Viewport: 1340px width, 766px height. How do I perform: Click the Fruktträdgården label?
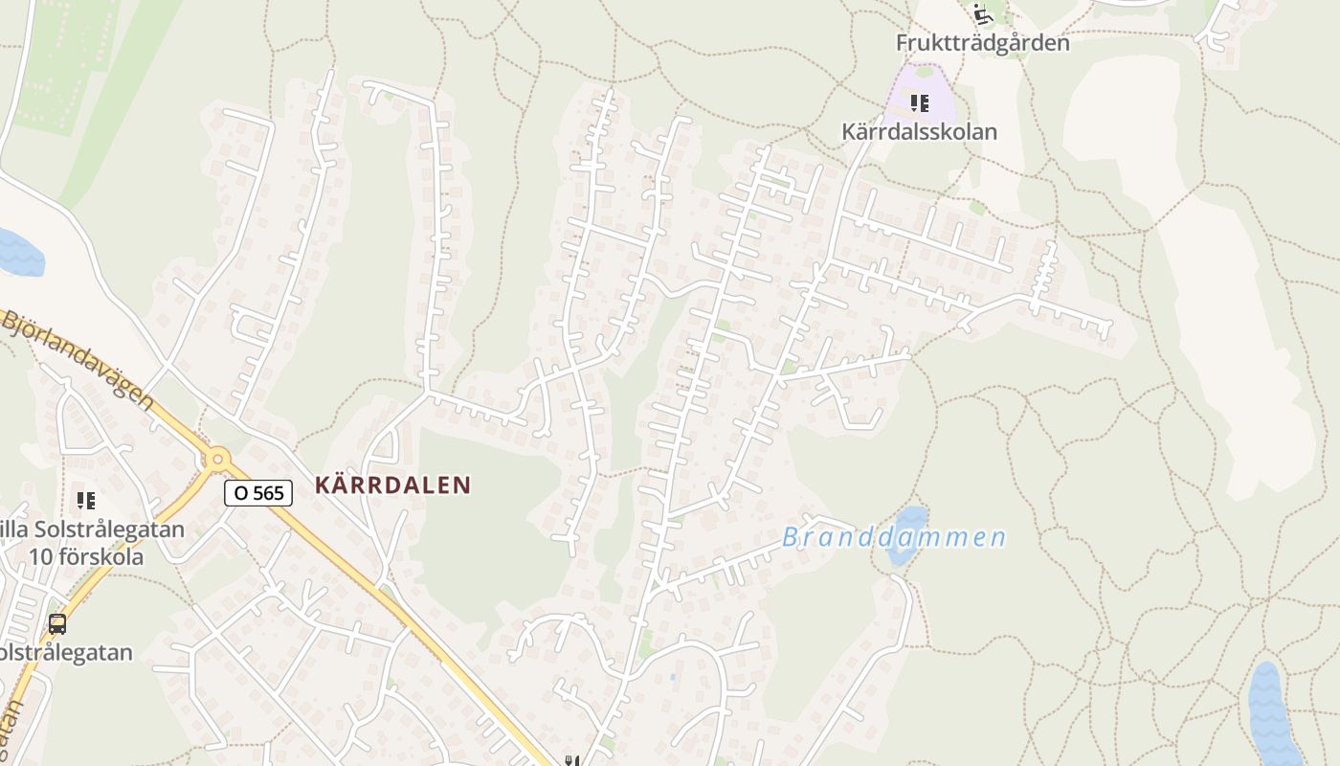pyautogui.click(x=982, y=43)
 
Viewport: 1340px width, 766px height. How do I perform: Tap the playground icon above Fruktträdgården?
pyautogui.click(x=980, y=13)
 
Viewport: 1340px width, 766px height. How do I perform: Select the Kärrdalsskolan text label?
pyautogui.click(x=919, y=131)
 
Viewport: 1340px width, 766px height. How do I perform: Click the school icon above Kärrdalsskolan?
pyautogui.click(x=920, y=102)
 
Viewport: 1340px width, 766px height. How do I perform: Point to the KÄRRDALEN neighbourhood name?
pyautogui.click(x=393, y=485)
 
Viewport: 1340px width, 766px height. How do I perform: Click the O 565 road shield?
pyautogui.click(x=257, y=493)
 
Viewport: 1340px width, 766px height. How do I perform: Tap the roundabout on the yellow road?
pyautogui.click(x=218, y=459)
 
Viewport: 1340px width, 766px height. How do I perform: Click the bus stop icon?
pyautogui.click(x=57, y=624)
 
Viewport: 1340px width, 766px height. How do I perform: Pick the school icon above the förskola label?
pyautogui.click(x=86, y=500)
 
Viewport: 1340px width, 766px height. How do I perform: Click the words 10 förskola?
pyautogui.click(x=86, y=557)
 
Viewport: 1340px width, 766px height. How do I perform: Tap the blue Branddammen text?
pyautogui.click(x=894, y=537)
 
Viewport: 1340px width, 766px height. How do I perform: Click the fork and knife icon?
pyautogui.click(x=572, y=760)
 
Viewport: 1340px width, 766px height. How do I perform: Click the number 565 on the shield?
pyautogui.click(x=271, y=493)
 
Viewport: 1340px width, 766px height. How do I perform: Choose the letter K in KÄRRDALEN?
pyautogui.click(x=323, y=485)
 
